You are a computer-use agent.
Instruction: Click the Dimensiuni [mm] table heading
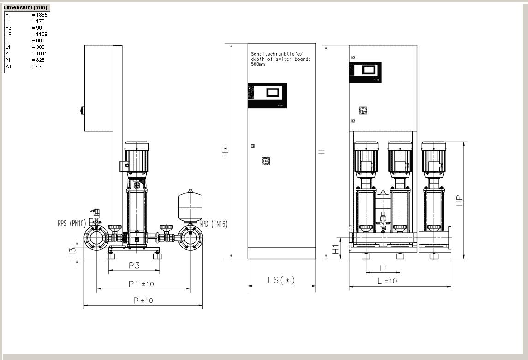pyautogui.click(x=25, y=7)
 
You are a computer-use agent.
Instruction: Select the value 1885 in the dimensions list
pyautogui.click(x=42, y=15)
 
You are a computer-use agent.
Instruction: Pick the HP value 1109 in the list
pyautogui.click(x=42, y=34)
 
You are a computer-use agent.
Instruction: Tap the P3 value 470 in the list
pyautogui.click(x=40, y=66)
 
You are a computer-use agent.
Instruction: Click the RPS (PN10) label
pyautogui.click(x=72, y=223)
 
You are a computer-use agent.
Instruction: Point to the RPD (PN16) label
pyautogui.click(x=214, y=224)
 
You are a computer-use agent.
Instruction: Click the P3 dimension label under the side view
pyautogui.click(x=134, y=266)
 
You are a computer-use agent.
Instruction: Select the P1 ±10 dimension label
pyautogui.click(x=141, y=284)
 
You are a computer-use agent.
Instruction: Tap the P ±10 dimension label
pyautogui.click(x=143, y=301)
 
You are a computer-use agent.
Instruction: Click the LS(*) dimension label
pyautogui.click(x=281, y=280)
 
